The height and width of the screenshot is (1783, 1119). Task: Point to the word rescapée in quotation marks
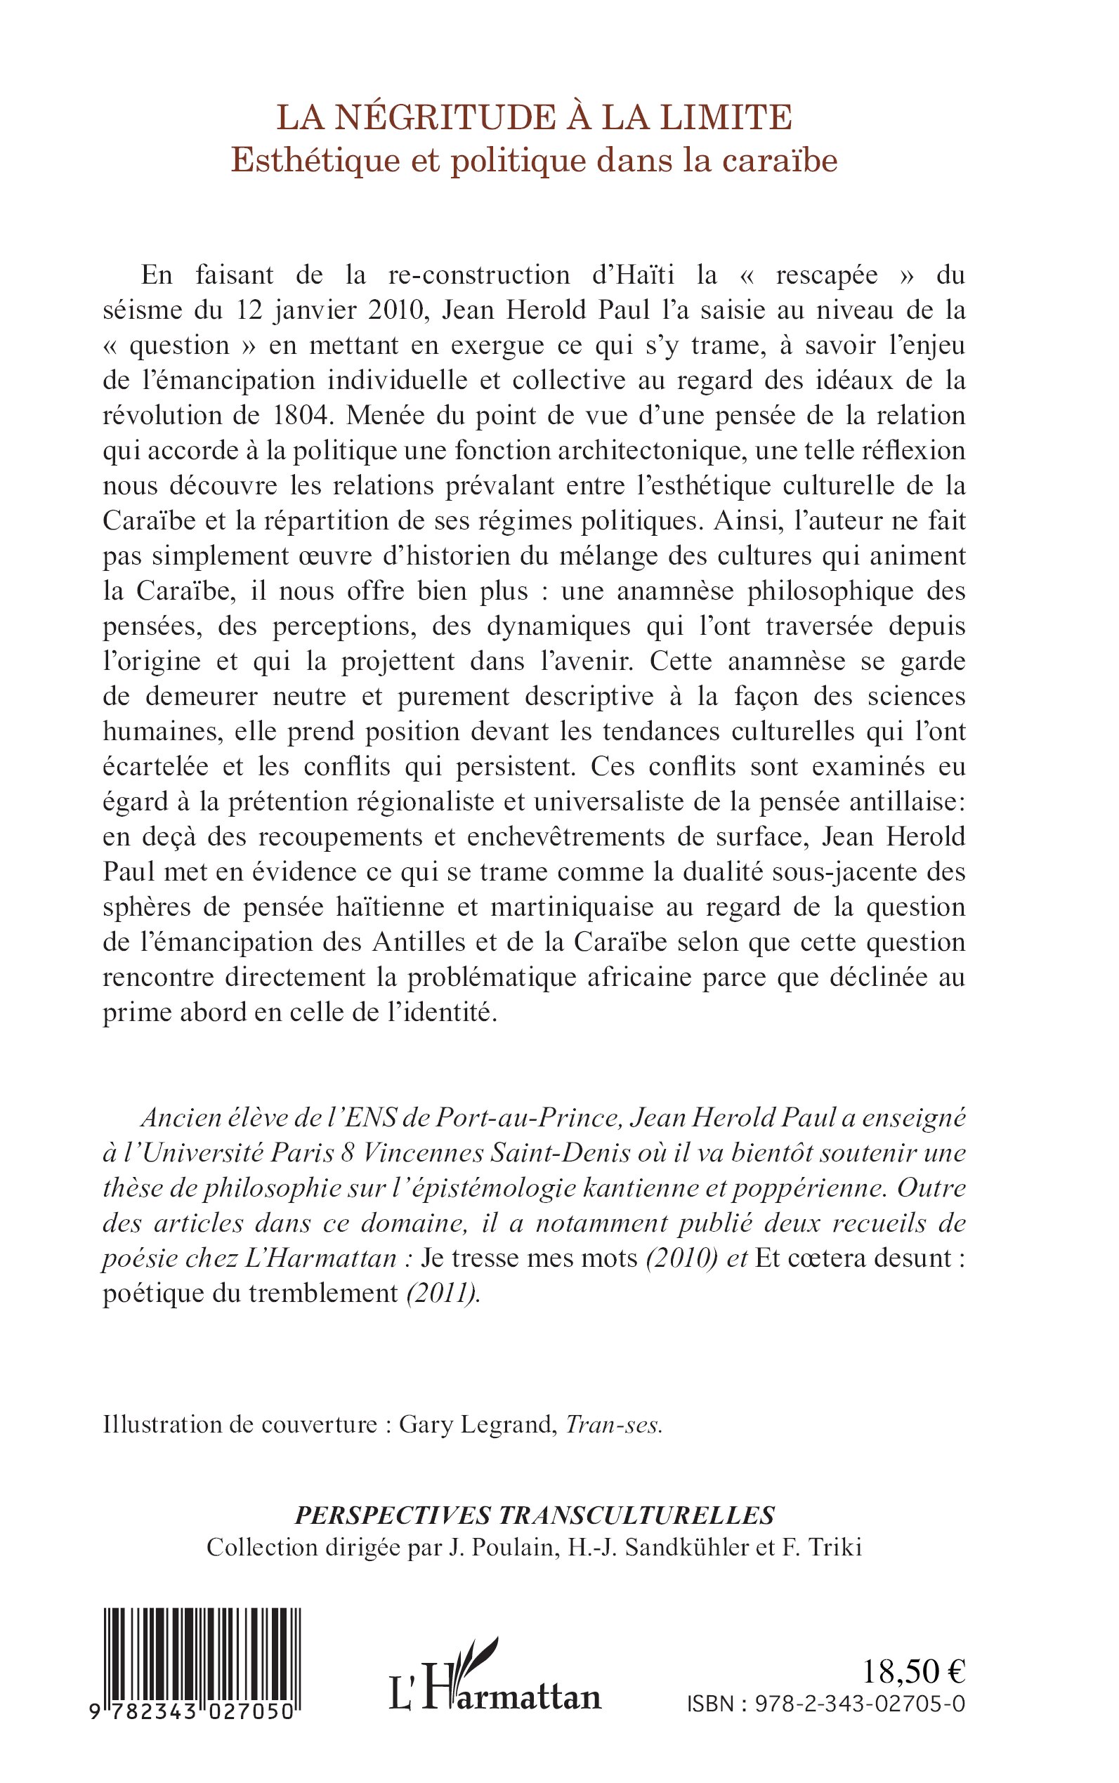click(x=827, y=275)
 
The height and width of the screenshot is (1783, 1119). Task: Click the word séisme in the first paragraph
click(x=140, y=310)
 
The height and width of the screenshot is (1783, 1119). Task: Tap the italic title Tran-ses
click(x=613, y=1426)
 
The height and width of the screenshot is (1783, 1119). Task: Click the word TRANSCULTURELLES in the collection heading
click(x=636, y=1516)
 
